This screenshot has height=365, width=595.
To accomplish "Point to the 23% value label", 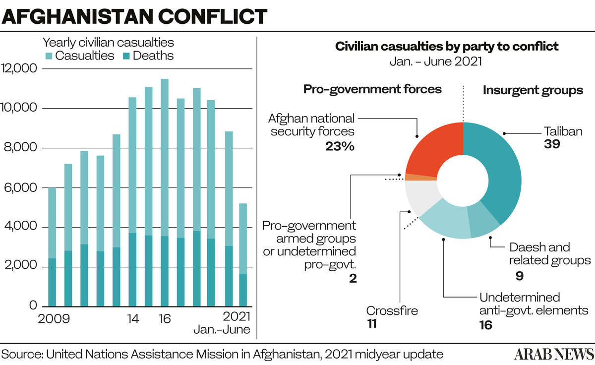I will tap(340, 146).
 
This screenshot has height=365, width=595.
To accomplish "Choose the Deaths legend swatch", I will tap(126, 56).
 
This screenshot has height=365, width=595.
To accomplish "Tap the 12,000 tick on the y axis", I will tap(19, 68).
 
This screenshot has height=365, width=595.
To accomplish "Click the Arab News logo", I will tap(554, 354).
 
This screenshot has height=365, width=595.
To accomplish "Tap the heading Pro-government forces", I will tap(372, 90).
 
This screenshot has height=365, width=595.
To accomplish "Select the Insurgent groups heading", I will tap(533, 90).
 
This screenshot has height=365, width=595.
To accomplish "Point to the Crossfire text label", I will tap(392, 311).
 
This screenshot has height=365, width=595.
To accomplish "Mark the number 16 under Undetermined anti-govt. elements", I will tap(486, 325).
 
